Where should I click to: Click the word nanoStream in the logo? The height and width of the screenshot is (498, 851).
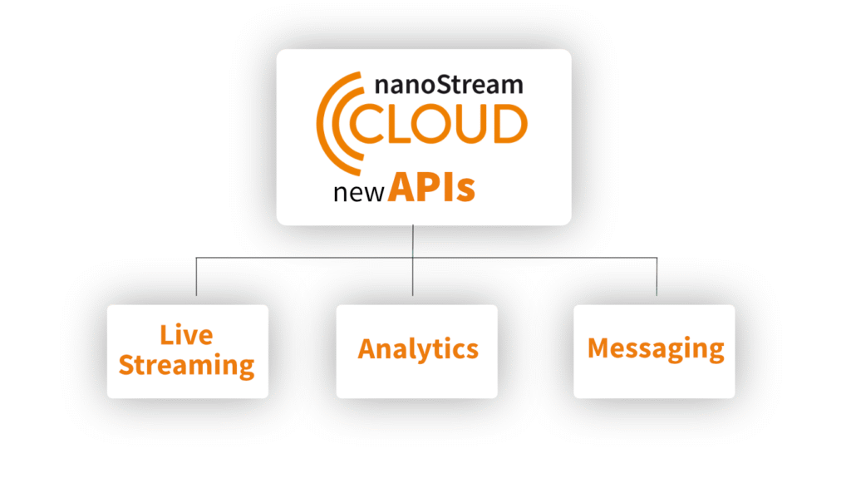[450, 85]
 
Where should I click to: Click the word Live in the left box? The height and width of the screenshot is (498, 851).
[186, 335]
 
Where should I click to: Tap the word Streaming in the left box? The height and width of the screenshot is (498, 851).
[186, 364]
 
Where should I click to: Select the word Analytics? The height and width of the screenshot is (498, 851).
[418, 349]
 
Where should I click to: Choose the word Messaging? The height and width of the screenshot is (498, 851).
[656, 348]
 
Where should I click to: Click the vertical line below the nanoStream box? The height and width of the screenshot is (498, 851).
[413, 241]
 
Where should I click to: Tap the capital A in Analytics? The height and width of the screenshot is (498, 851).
[366, 348]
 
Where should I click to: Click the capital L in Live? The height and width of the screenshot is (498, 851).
[165, 335]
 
